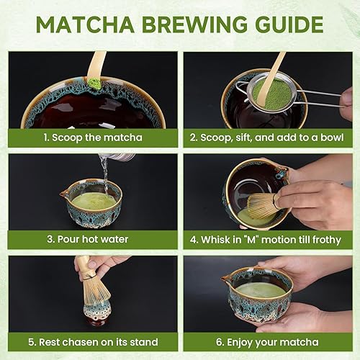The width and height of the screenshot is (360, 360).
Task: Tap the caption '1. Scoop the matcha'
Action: (91, 138)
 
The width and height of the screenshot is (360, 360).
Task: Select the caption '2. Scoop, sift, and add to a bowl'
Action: (267, 138)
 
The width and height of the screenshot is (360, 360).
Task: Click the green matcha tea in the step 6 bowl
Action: (261, 289)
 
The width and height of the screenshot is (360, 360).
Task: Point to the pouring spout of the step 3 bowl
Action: (65, 193)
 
